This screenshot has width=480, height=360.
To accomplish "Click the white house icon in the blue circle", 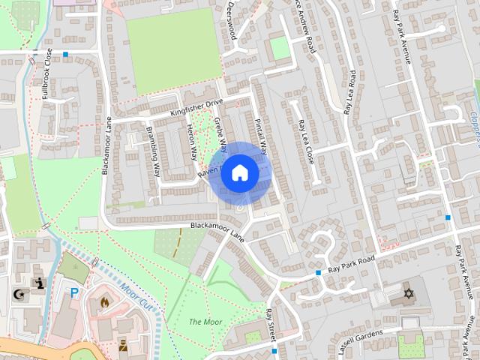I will pyautogui.click(x=239, y=172).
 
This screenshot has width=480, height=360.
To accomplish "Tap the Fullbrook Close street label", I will pyautogui.click(x=45, y=74).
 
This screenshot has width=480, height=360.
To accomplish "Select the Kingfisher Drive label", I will pyautogui.click(x=197, y=108).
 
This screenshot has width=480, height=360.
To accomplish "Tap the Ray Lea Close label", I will pyautogui.click(x=305, y=142).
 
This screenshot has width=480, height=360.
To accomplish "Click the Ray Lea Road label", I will pyautogui.click(x=349, y=91).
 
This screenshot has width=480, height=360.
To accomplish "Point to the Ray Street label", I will pyautogui.click(x=271, y=325).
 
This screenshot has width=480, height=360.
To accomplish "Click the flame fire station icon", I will pyautogui.click(x=104, y=302).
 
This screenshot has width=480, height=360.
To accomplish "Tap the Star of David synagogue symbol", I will pyautogui.click(x=409, y=292).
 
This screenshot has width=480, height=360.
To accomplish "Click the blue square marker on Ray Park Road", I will pyautogui.click(x=319, y=272).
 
